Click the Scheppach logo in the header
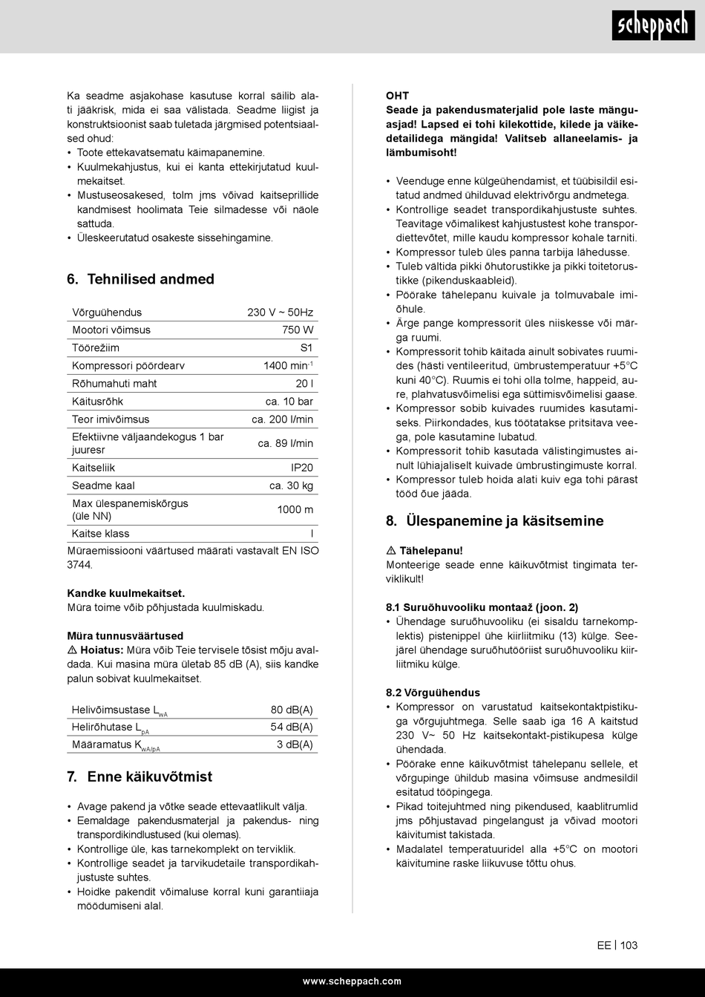coord(654,27)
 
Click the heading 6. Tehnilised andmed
coord(140,279)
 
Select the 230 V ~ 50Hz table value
coord(280,313)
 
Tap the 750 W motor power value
coord(298,330)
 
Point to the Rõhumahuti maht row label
coord(114,384)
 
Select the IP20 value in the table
coord(301,468)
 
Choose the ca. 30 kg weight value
coord(291,486)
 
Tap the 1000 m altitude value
coord(295,509)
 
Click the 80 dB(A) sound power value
coord(292,710)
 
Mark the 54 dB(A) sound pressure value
coord(292,727)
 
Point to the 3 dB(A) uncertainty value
coord(295,745)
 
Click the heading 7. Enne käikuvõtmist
coord(140,777)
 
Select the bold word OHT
coord(397,96)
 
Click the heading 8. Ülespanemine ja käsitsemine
coord(494,521)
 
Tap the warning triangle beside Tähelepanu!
coord(391,552)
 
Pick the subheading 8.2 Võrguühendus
coord(433,693)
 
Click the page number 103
coord(629,945)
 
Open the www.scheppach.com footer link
coord(352,981)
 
